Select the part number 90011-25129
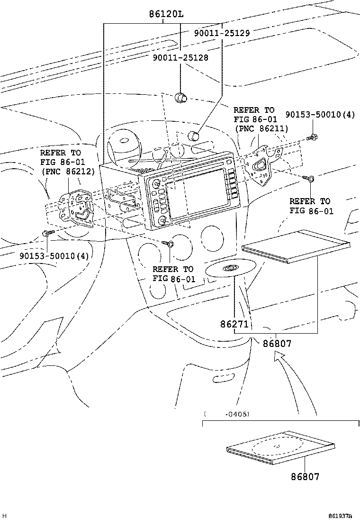(222, 33)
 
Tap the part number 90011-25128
(180, 57)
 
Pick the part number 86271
(234, 325)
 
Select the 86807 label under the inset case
(305, 476)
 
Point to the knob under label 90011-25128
(180, 98)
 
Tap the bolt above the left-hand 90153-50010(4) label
(47, 233)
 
